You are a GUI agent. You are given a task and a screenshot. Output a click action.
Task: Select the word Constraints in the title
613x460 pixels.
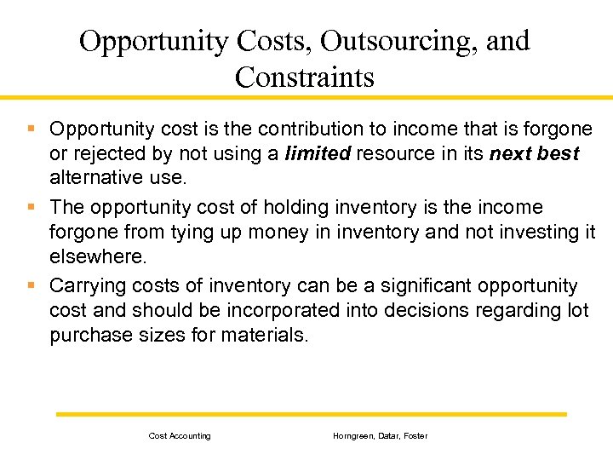pyautogui.click(x=304, y=78)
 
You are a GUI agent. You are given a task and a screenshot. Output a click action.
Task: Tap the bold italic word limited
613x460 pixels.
pyautogui.click(x=318, y=154)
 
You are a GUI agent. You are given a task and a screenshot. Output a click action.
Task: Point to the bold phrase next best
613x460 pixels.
pyautogui.click(x=534, y=154)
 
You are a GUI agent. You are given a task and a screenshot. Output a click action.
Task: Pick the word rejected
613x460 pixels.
pyautogui.click(x=105, y=154)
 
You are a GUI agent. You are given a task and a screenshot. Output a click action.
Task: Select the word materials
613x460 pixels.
pyautogui.click(x=265, y=336)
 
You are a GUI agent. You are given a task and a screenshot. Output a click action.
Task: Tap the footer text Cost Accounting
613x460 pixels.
pyautogui.click(x=180, y=436)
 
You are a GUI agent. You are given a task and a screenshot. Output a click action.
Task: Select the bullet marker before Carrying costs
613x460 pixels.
pyautogui.click(x=31, y=285)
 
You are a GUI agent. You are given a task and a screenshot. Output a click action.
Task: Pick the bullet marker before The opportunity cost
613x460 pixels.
pyautogui.click(x=31, y=206)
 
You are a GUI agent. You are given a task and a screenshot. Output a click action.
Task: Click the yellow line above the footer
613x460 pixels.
pyautogui.click(x=311, y=414)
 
